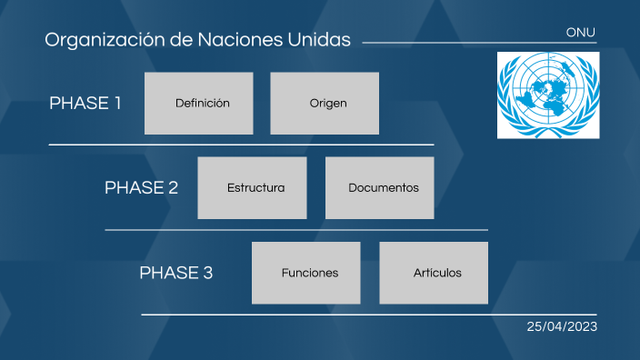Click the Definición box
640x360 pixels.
[198, 103]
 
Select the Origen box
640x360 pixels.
[325, 103]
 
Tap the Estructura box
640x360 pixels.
[252, 188]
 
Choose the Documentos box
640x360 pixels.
[379, 188]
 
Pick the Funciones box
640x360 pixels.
[305, 273]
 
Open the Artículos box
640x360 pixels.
[434, 273]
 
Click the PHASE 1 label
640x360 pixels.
[85, 103]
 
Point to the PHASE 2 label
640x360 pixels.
[141, 188]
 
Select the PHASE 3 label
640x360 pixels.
[176, 273]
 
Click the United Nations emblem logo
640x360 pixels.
[548, 95]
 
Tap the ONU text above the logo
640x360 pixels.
[580, 32]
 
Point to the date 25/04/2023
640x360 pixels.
[562, 326]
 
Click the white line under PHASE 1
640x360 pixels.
[241, 145]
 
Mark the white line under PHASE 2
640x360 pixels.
[296, 230]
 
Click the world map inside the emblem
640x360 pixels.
[548, 91]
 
